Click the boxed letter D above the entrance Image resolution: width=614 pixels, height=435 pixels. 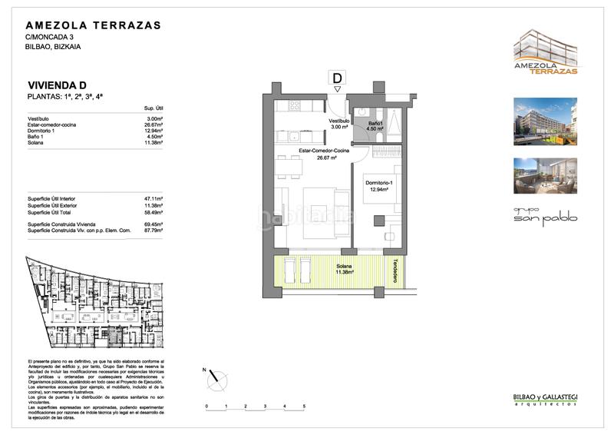tap(337, 77)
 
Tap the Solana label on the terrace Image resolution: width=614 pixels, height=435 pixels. tap(322, 268)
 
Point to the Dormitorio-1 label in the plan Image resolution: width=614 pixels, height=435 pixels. tap(378, 184)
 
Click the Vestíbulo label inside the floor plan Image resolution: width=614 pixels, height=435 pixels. tap(339, 122)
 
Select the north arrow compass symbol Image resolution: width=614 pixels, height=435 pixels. tap(219, 377)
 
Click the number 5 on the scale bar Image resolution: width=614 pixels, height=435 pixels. tap(305, 405)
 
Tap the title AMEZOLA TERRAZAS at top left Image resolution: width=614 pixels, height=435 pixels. tap(94, 25)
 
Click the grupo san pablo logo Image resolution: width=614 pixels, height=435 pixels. tap(544, 214)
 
